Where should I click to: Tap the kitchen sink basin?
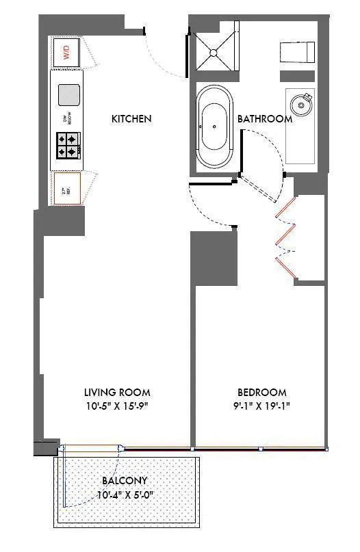69,94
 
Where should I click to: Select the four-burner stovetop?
70,145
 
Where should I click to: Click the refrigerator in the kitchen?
67,187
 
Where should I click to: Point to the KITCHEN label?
131,119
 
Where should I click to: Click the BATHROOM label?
265,119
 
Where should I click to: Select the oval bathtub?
214,127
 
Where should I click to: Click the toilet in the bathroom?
297,52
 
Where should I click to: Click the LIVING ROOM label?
117,393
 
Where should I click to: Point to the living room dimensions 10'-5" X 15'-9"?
117,406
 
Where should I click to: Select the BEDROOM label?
262,393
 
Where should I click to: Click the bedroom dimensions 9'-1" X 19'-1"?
262,406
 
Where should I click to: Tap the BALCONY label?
125,481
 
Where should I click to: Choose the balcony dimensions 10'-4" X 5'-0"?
125,494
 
